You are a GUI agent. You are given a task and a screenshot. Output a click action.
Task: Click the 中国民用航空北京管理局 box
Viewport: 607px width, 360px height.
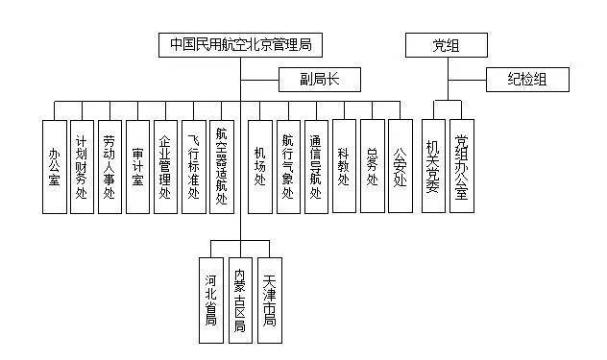pyautogui.click(x=241, y=44)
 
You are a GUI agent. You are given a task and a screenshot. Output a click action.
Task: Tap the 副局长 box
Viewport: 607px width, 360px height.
pyautogui.click(x=315, y=79)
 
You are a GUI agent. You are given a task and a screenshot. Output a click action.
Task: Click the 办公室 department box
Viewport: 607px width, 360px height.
pyautogui.click(x=54, y=165)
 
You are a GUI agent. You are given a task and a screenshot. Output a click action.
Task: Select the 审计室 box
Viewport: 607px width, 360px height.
pyautogui.click(x=137, y=165)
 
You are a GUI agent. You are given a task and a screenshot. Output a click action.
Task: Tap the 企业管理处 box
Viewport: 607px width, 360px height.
pyautogui.click(x=165, y=165)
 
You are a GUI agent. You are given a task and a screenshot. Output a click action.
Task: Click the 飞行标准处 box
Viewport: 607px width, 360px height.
pyautogui.click(x=193, y=165)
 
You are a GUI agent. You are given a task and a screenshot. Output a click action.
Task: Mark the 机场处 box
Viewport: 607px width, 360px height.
pyautogui.click(x=260, y=165)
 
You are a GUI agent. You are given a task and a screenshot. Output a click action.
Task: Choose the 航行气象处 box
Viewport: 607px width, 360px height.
pyautogui.click(x=288, y=165)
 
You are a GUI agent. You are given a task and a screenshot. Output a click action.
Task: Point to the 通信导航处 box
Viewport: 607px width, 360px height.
pyautogui.click(x=316, y=165)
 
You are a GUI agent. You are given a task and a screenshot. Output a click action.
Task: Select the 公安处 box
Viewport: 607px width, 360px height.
pyautogui.click(x=400, y=165)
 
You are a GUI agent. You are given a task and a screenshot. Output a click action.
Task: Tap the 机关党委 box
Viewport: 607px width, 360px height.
pyautogui.click(x=434, y=165)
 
